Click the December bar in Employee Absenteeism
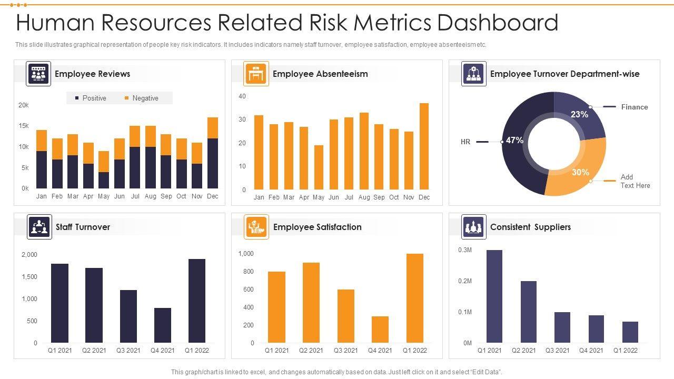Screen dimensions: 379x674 click(x=424, y=146)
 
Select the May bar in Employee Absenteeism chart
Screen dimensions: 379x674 click(x=319, y=167)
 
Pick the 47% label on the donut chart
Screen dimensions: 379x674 click(x=514, y=141)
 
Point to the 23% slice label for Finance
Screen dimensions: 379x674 click(x=579, y=114)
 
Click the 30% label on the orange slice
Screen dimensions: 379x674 click(x=580, y=172)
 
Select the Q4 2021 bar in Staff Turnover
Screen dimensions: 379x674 click(x=163, y=325)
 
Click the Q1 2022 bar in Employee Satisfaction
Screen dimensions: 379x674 click(x=415, y=298)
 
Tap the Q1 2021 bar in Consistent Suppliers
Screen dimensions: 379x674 click(x=494, y=296)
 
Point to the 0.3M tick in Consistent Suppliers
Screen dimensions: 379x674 click(x=465, y=250)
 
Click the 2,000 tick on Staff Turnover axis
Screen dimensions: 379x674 click(x=29, y=255)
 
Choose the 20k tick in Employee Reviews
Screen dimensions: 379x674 click(x=24, y=105)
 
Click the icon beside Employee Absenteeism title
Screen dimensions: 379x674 click(x=256, y=74)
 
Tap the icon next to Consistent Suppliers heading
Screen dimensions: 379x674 click(x=474, y=227)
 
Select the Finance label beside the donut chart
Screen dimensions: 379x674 click(x=634, y=107)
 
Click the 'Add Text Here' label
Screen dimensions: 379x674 click(x=635, y=181)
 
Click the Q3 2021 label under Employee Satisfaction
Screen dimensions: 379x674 click(x=345, y=351)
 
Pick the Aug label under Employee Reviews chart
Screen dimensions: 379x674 click(x=151, y=196)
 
